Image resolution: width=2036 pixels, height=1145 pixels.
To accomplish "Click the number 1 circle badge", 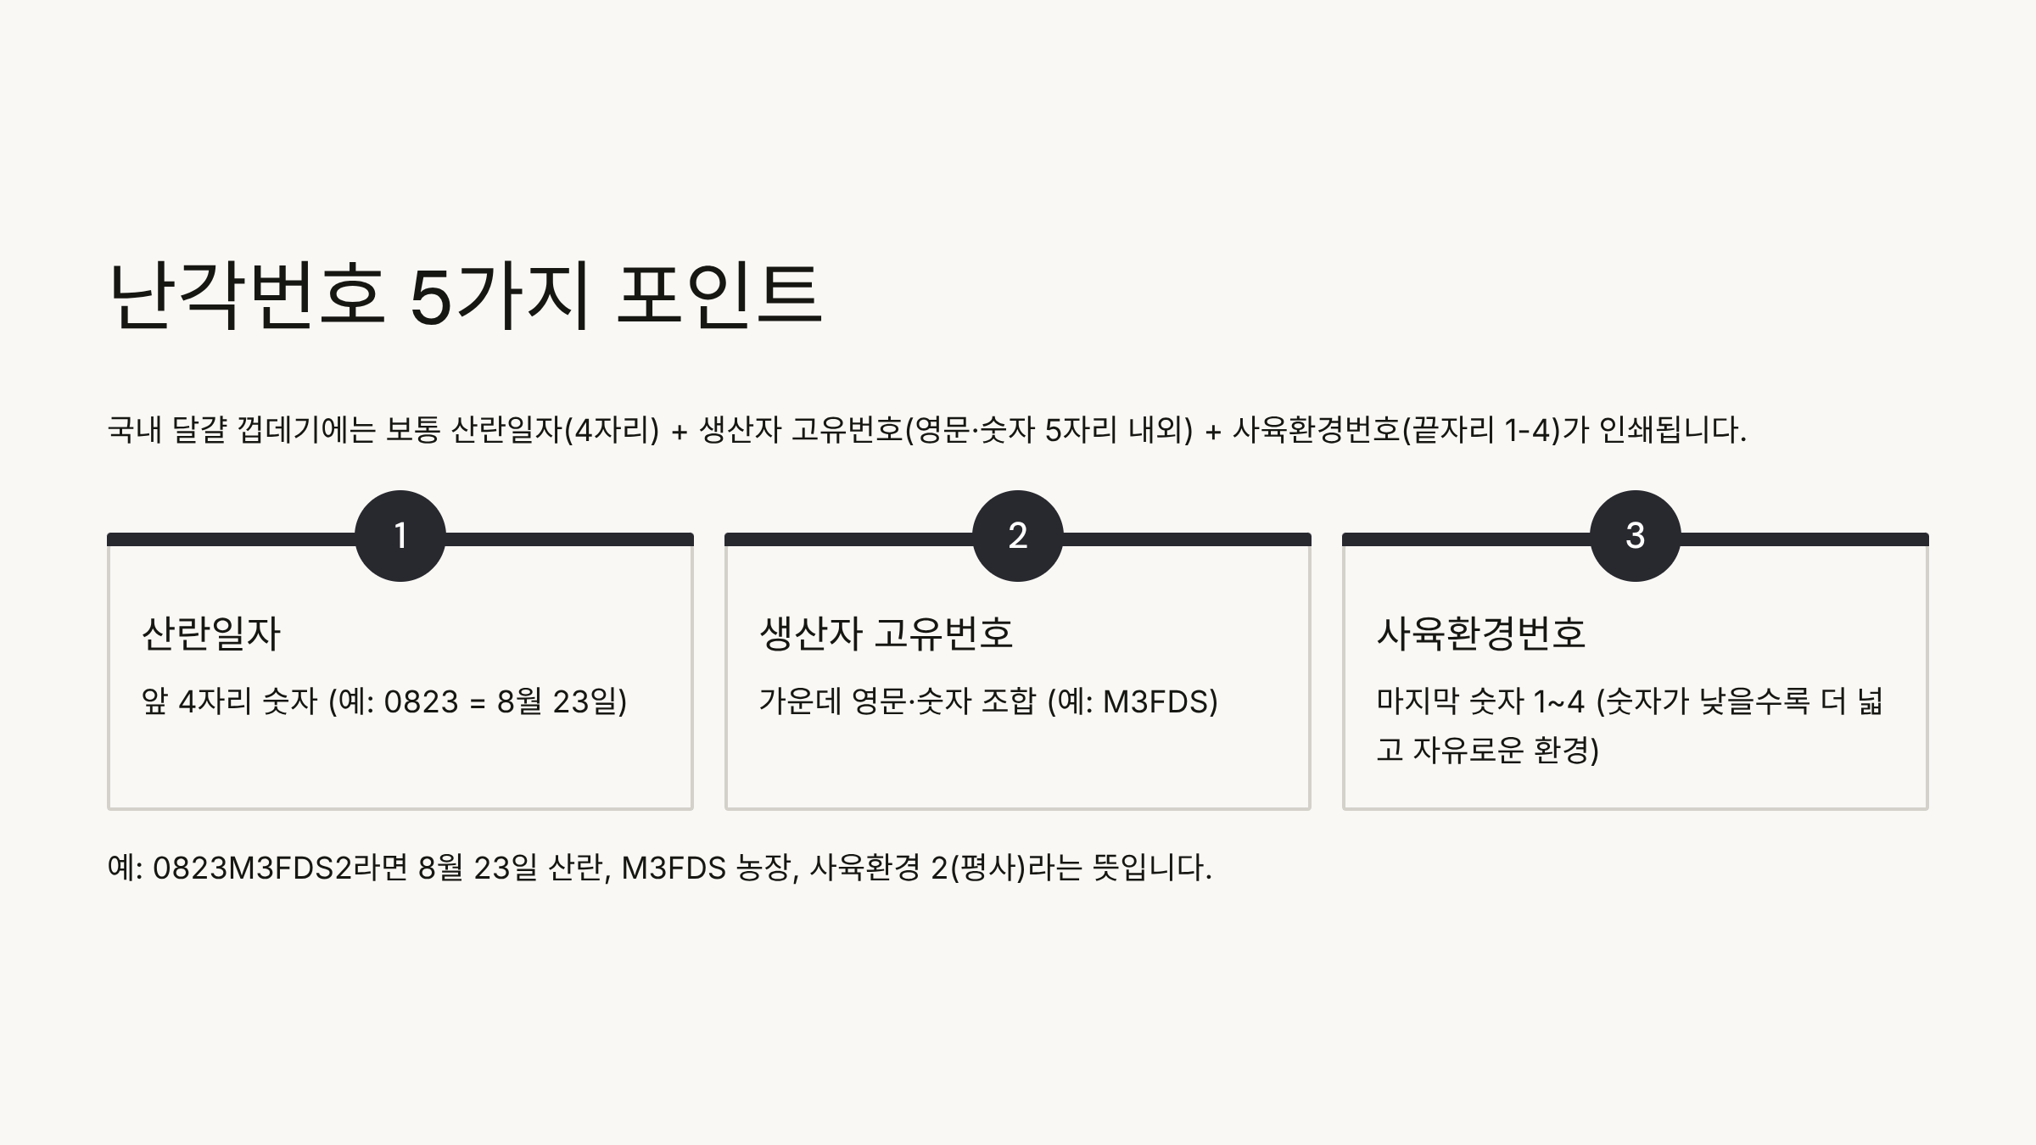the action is (400, 536).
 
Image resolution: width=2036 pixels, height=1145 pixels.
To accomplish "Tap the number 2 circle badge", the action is (1017, 536).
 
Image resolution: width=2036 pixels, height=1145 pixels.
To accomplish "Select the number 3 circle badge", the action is (1635, 536).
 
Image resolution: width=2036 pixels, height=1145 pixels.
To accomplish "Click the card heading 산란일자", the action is (211, 634).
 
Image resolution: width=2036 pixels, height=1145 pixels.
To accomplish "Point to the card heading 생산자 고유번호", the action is (886, 634).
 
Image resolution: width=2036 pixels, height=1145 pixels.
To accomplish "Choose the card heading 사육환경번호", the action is (1480, 634).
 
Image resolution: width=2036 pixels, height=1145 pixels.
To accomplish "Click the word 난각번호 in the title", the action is (247, 294).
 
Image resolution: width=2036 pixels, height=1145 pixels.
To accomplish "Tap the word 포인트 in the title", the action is (719, 294).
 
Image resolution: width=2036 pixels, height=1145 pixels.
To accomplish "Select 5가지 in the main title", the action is (500, 294).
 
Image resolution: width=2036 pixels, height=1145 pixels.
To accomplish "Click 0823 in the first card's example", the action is (421, 702).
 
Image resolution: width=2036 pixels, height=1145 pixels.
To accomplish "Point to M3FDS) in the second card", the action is (1160, 702).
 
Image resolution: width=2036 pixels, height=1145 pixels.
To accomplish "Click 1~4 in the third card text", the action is (1559, 702).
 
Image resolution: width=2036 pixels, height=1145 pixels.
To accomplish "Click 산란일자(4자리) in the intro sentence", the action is (555, 431).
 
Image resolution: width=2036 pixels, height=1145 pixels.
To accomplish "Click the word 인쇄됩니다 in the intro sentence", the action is (1672, 431).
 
